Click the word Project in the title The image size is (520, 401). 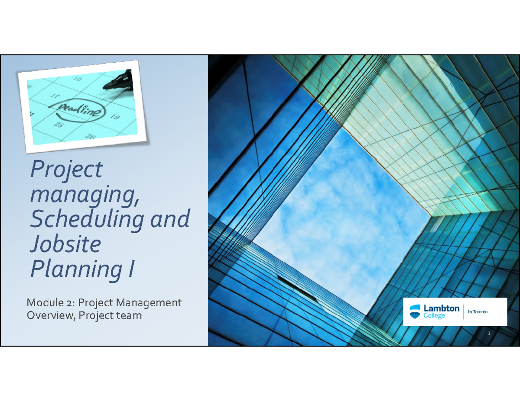[66, 170]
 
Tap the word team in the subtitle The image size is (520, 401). [129, 315]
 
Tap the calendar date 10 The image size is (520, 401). [78, 79]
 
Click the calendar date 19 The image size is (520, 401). [114, 117]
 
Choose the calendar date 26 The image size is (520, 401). [90, 137]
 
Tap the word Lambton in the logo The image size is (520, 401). [442, 308]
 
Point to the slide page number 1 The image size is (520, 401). [488, 334]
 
